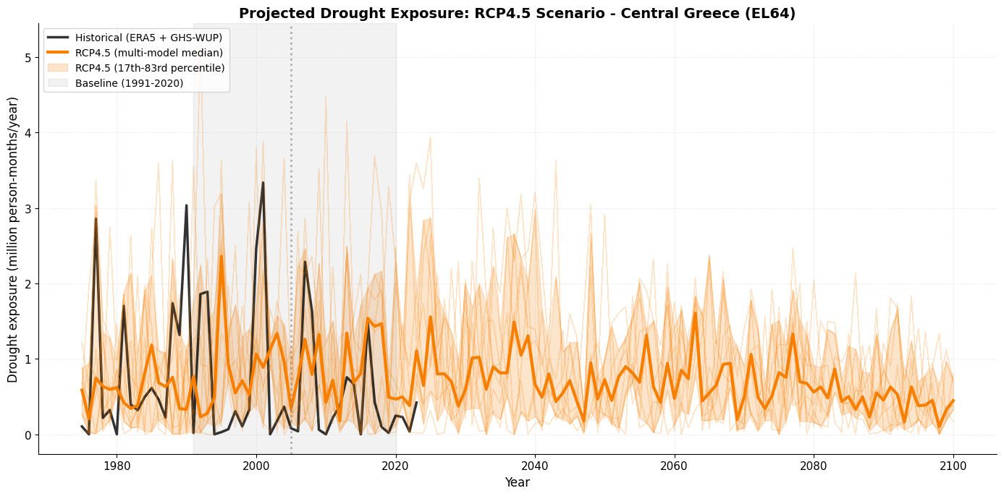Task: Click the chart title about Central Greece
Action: [517, 14]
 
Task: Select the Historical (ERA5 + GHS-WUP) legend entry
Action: [138, 38]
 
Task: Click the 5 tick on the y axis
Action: [28, 58]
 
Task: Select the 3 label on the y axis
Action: [28, 209]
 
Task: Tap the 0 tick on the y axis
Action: [28, 435]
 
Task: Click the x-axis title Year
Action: [517, 482]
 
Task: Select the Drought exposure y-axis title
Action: [13, 239]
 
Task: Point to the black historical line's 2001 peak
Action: [263, 183]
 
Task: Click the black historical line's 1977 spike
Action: [96, 218]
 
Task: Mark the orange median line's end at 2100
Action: [953, 401]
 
